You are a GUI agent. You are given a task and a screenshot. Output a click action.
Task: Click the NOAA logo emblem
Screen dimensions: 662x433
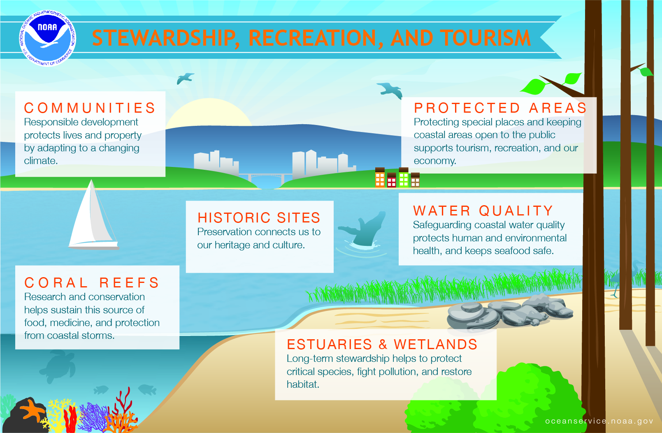coord(48,38)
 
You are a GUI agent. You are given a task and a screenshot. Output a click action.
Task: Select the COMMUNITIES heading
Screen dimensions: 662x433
coord(90,108)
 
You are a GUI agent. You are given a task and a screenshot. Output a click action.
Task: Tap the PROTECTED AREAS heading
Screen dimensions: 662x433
coord(500,108)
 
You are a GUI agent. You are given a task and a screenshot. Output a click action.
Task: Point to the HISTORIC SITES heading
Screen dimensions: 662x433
coord(259,218)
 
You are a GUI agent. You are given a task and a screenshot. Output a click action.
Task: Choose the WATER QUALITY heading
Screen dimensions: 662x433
coord(483,211)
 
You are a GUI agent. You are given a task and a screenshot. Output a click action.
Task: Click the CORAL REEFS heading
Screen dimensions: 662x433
coord(92,282)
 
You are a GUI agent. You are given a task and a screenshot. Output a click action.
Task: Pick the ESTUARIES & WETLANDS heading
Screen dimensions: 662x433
coord(382,345)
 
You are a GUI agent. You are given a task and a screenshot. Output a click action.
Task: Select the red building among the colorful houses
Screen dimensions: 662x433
coord(391,180)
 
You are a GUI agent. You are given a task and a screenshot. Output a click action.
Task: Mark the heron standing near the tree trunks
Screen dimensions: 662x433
coord(627,278)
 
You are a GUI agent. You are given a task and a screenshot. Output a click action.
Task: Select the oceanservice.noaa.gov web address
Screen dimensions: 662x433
coord(599,421)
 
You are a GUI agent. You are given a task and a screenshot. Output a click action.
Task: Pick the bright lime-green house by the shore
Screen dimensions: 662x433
coord(404,177)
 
